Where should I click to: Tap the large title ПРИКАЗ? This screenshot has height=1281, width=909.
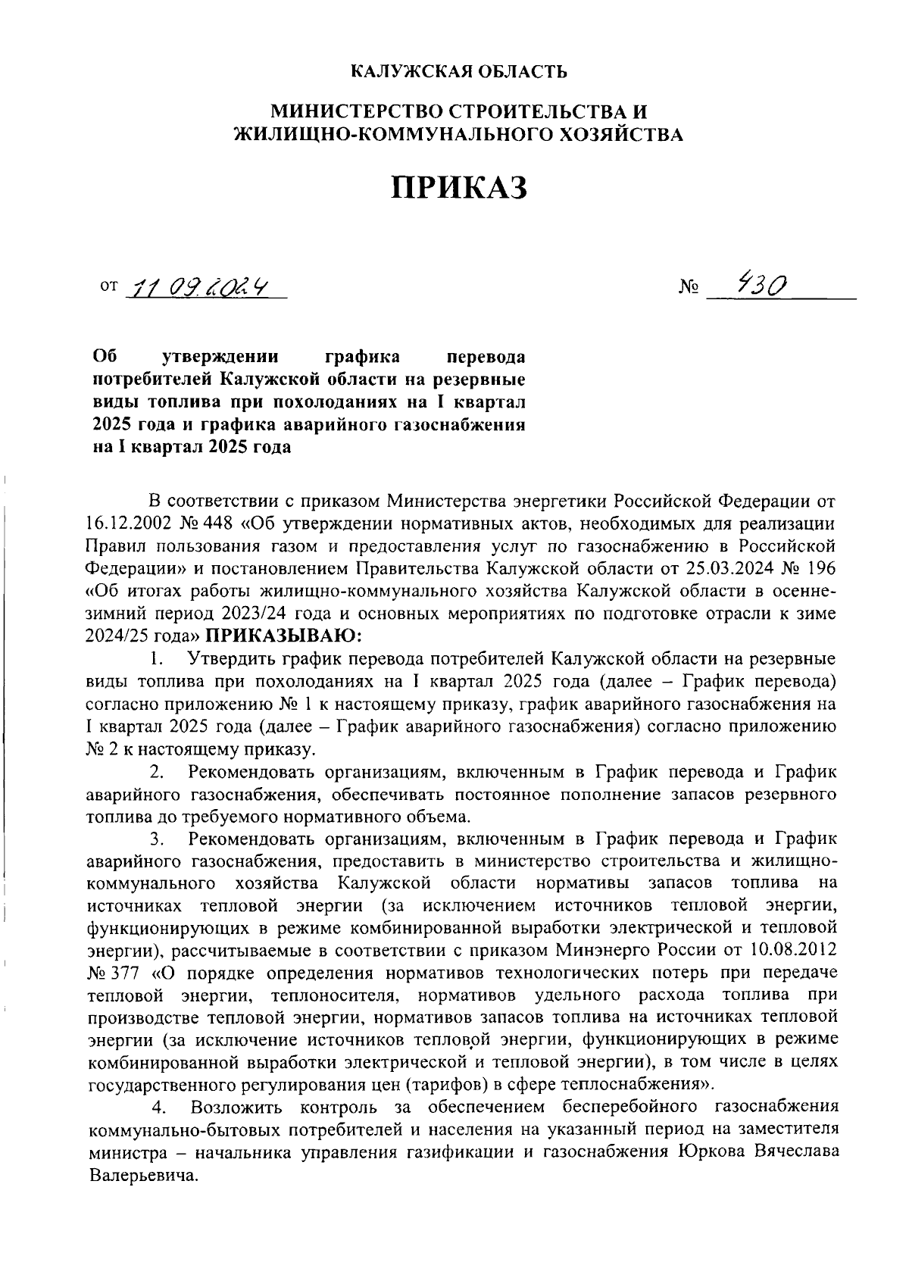[458, 187]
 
